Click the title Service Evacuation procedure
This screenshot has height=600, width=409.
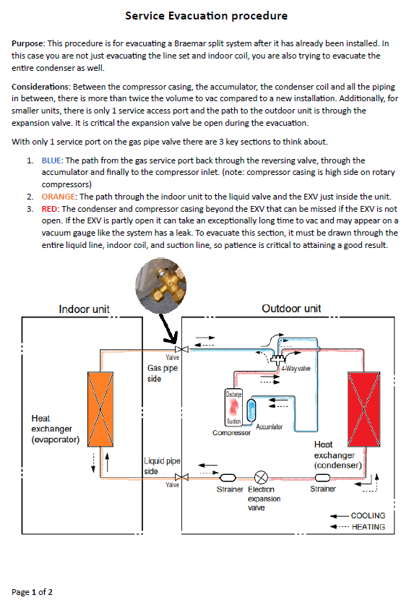[x=206, y=16]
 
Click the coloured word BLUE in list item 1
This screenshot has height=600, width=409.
[x=51, y=160]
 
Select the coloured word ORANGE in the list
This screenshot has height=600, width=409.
[x=58, y=197]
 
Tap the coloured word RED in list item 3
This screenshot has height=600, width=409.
[x=49, y=209]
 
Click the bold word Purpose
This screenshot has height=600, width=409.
[x=28, y=43]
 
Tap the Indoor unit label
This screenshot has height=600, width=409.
[x=84, y=309]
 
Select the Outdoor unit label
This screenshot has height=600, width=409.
[x=291, y=309]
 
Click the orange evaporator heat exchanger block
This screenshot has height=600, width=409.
[x=100, y=409]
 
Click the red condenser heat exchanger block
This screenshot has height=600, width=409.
[x=364, y=409]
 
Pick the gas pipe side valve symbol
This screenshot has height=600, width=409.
[x=181, y=349]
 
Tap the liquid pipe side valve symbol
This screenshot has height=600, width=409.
[x=181, y=477]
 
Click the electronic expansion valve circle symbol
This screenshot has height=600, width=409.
[x=261, y=478]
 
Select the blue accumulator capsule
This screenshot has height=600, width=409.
[x=251, y=410]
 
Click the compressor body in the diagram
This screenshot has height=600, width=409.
[x=233, y=408]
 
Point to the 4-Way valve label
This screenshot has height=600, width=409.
[x=296, y=369]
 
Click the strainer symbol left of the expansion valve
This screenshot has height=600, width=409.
[x=228, y=478]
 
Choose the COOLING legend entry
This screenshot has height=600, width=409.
[x=358, y=515]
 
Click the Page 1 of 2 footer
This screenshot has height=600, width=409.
[x=32, y=592]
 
